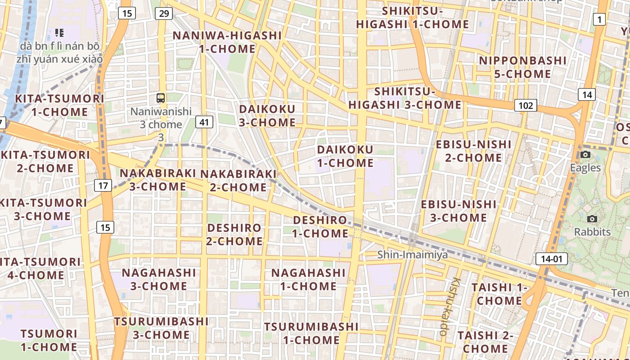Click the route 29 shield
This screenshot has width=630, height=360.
pos(164,13)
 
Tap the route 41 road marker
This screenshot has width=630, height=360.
pos(204,121)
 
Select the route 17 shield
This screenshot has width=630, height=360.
pos(103,185)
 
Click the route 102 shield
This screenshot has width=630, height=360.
pos(526,105)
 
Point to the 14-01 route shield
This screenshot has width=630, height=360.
pos(551,259)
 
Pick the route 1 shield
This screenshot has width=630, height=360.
pos(599,19)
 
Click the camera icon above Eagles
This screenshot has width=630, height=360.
pos(585,154)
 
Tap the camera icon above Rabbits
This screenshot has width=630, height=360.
pos(592,219)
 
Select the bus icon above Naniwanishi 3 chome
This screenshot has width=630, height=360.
pos(161,98)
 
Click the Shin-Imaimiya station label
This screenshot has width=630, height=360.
pos(412,255)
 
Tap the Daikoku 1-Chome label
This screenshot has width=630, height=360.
pos(345,156)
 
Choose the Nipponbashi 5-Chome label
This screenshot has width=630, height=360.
pos(522,67)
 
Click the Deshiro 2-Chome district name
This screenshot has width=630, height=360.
pos(234,234)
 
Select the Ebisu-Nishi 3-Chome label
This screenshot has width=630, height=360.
pos(459,211)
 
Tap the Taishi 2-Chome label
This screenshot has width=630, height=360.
pos(485,342)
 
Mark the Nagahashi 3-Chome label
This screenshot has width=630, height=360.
pos(159,279)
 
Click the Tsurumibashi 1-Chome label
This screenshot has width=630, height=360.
pos(311,333)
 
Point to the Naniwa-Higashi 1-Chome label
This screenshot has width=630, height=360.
pos(227,42)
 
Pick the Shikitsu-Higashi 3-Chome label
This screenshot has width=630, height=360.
pos(405,98)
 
